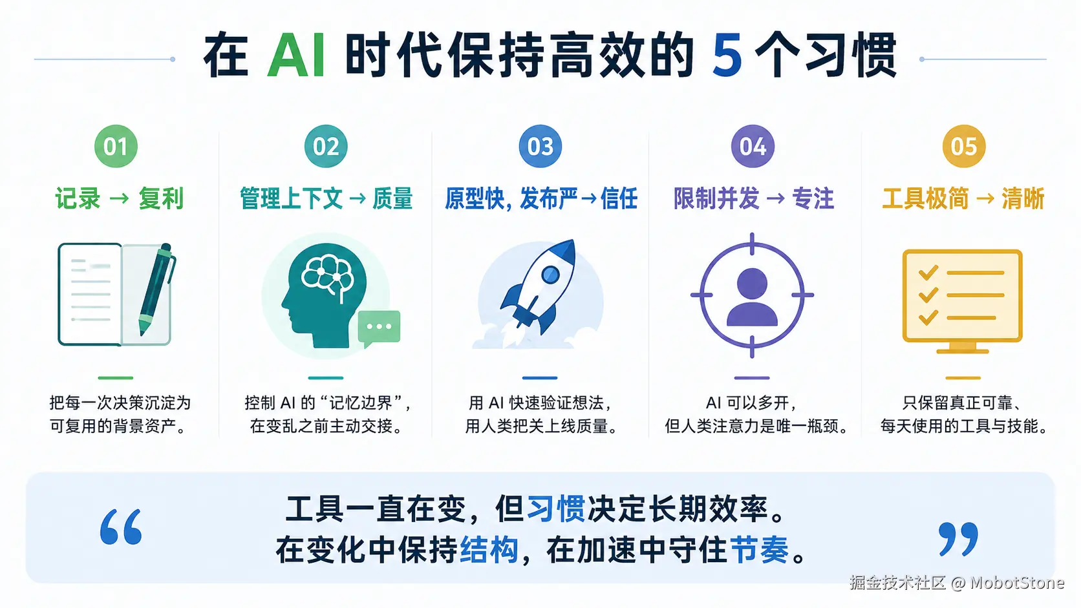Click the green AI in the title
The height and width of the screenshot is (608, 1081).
pos(296,56)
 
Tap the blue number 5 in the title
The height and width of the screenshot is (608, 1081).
pos(727,56)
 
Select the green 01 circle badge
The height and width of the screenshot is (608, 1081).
pos(116,146)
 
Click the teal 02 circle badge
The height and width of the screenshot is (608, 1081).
pos(326,146)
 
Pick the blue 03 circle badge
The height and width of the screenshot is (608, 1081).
pos(540,146)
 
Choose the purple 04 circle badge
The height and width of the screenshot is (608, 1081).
pos(753,146)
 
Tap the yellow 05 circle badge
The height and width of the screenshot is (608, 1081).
pos(964,146)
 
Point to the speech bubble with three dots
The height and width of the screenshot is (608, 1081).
pos(379,328)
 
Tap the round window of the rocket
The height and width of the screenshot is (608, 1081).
pos(551,275)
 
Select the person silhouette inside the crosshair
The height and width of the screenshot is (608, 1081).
pos(752,297)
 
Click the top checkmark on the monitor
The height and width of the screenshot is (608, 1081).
pos(928,273)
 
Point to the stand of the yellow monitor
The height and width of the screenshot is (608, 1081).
pos(963,348)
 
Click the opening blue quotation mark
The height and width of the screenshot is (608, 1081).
pos(121,527)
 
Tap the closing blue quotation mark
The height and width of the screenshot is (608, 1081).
pos(958,539)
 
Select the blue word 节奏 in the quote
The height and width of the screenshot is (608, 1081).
pos(760,550)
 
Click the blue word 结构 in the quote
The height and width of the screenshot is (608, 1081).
pos(489,550)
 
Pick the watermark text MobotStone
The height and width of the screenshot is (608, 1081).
pos(1017,582)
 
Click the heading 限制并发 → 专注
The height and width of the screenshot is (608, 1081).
pos(753,198)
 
